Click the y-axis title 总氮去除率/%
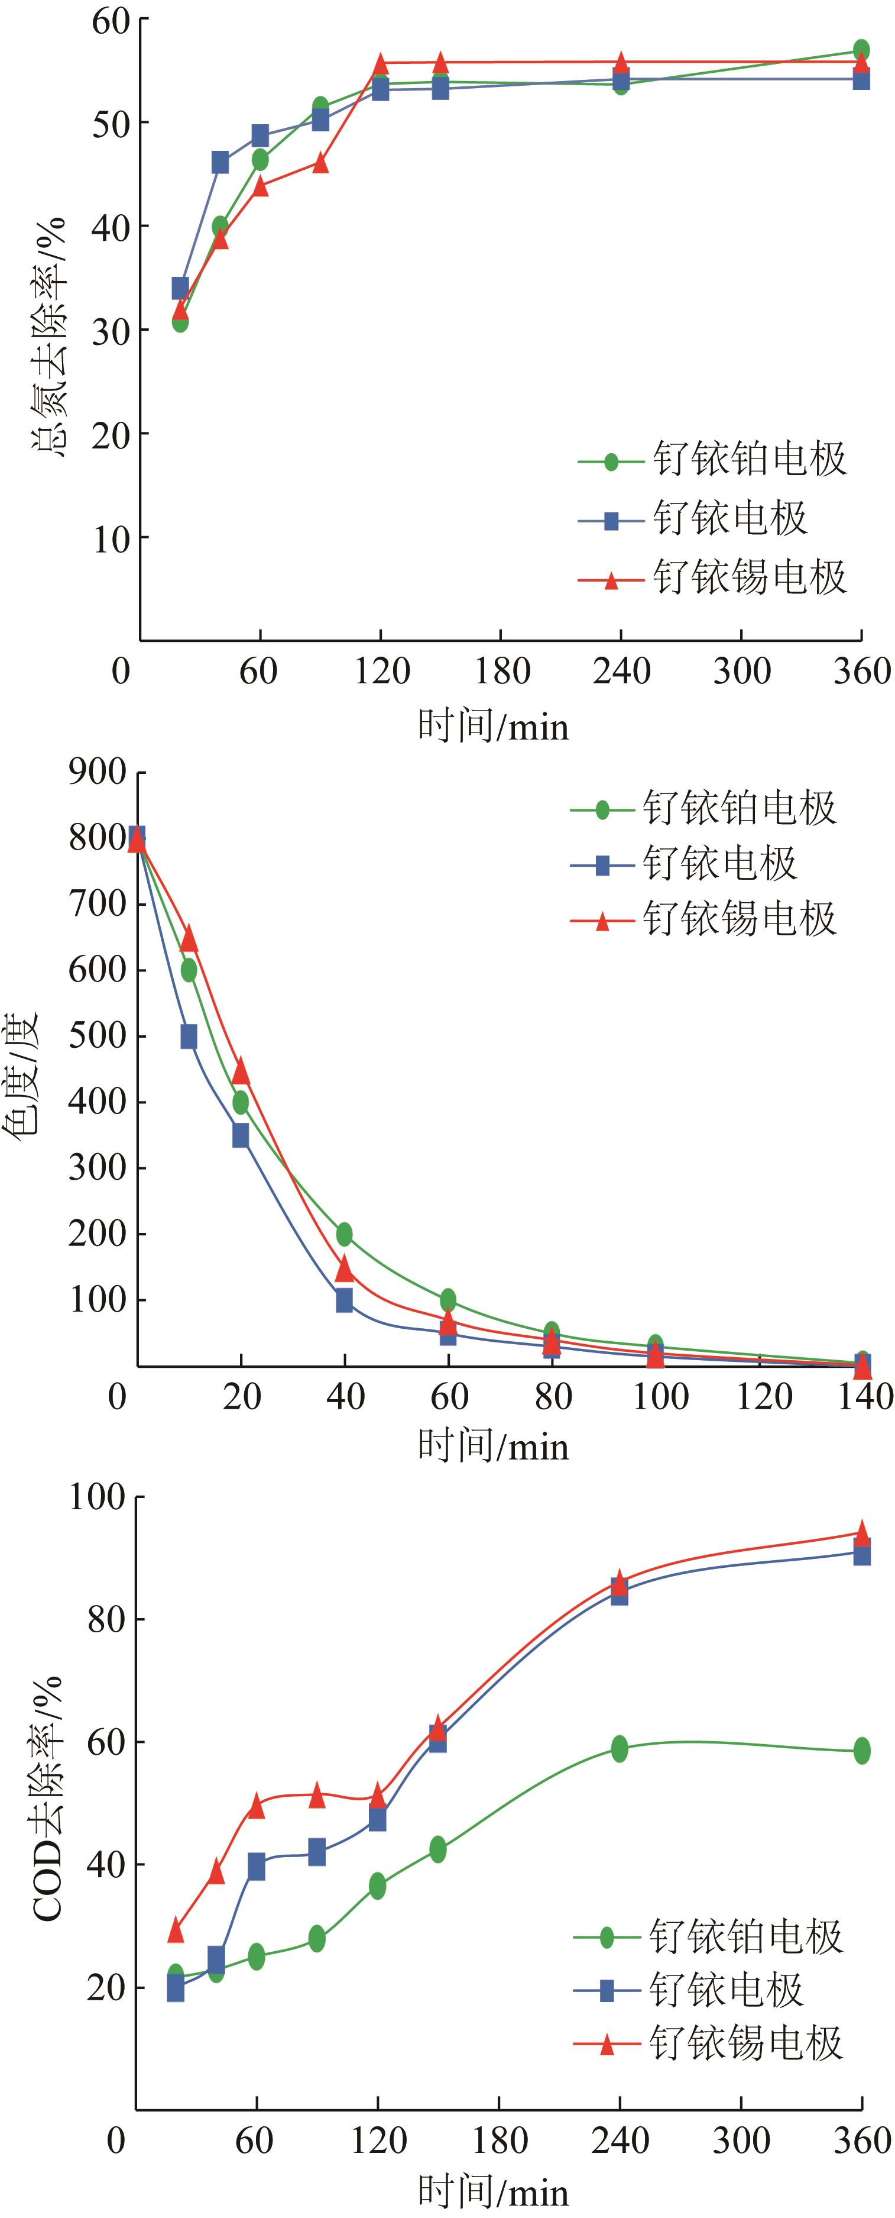[49, 337]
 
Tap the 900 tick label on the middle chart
[98, 772]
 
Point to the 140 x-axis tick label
[864, 1397]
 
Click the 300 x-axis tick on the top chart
[741, 671]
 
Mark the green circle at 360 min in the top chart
[861, 50]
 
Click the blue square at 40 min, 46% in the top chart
[220, 162]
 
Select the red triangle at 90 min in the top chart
[320, 162]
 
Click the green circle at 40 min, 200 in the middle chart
[344, 1234]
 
